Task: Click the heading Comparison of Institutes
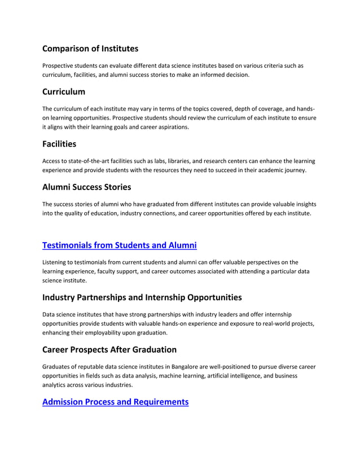(90, 49)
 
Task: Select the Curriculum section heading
(64, 91)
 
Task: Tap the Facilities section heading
(59, 144)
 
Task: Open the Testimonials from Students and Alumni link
(120, 245)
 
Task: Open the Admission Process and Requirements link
(115, 402)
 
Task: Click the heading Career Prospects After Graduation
(109, 349)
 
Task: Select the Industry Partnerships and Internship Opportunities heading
(142, 297)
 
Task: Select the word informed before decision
(209, 74)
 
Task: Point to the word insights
(305, 204)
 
